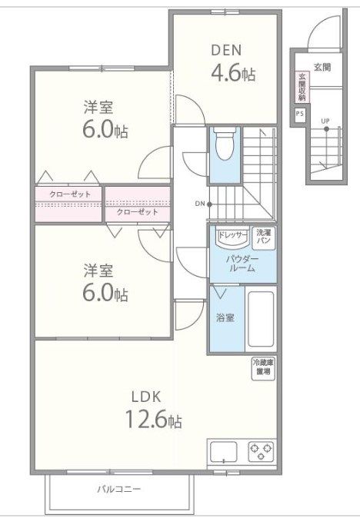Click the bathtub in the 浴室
(261, 318)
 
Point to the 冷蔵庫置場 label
(263, 367)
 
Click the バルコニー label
(118, 488)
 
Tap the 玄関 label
(322, 68)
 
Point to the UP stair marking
(325, 121)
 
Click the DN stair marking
(199, 204)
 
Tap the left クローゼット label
(69, 194)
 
